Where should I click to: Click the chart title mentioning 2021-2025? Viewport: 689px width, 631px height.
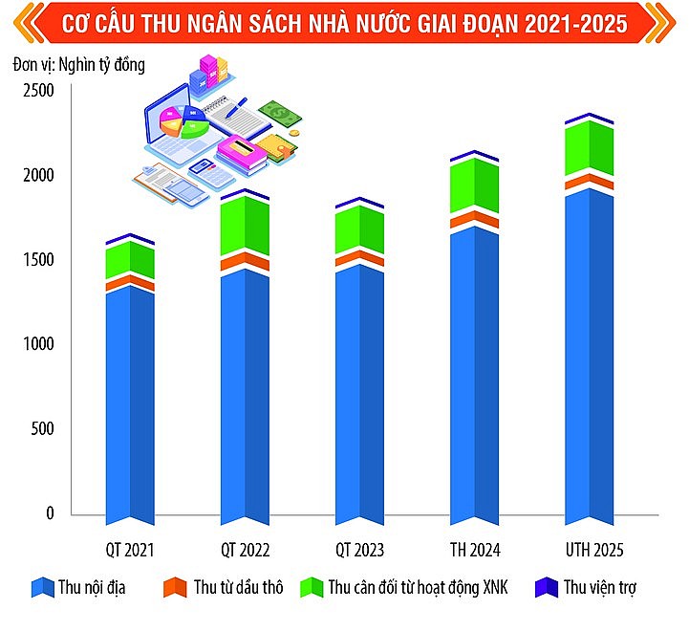pyautogui.click(x=344, y=24)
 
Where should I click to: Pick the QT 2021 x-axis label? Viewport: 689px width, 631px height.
pyautogui.click(x=130, y=551)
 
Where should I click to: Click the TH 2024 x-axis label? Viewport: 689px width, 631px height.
pyautogui.click(x=475, y=551)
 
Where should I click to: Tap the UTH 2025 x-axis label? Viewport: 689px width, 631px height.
pyautogui.click(x=590, y=551)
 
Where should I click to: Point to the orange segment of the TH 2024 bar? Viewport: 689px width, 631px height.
pyautogui.click(x=475, y=220)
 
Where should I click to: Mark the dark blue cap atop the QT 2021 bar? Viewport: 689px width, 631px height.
pyautogui.click(x=130, y=238)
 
